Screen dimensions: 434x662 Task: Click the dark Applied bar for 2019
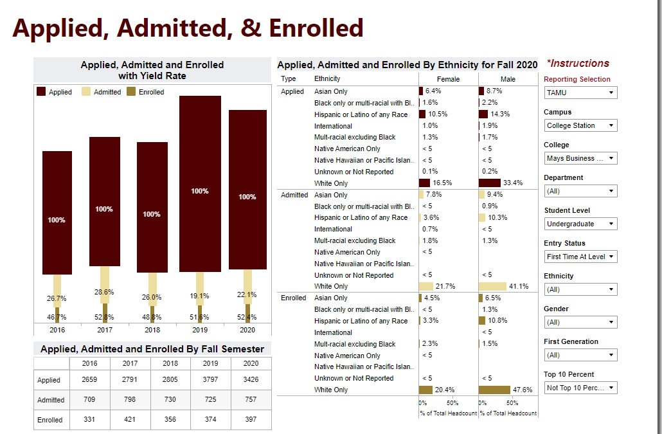pyautogui.click(x=200, y=183)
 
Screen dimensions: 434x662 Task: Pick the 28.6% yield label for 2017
pyautogui.click(x=104, y=292)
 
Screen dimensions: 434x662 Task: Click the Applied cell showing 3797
pyautogui.click(x=210, y=379)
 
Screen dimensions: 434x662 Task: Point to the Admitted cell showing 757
pyautogui.click(x=251, y=399)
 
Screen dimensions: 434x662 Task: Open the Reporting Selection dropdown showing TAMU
pyautogui.click(x=580, y=93)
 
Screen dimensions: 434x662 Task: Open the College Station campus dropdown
pyautogui.click(x=580, y=125)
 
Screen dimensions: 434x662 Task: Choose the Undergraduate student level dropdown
pyautogui.click(x=580, y=224)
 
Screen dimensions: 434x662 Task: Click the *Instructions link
pyautogui.click(x=578, y=63)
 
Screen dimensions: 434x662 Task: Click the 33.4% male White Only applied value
pyautogui.click(x=512, y=183)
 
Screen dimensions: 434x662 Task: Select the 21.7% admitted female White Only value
pyautogui.click(x=445, y=286)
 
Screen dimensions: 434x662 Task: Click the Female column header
pyautogui.click(x=449, y=79)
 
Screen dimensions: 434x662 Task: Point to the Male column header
pyautogui.click(x=508, y=79)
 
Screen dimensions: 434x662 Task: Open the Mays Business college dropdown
pyautogui.click(x=580, y=158)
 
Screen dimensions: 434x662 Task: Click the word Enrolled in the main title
pyautogui.click(x=316, y=28)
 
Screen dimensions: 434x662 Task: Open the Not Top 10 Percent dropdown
pyautogui.click(x=580, y=388)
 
